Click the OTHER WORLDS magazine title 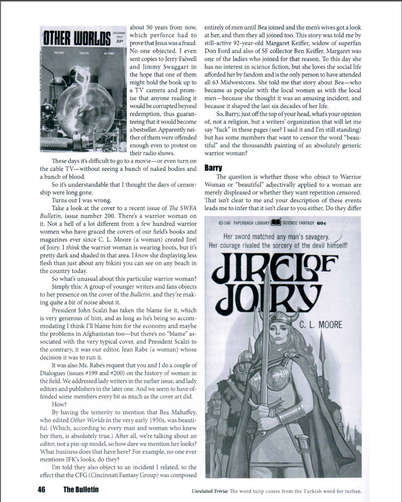coord(75,37)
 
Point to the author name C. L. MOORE coord(321,325)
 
